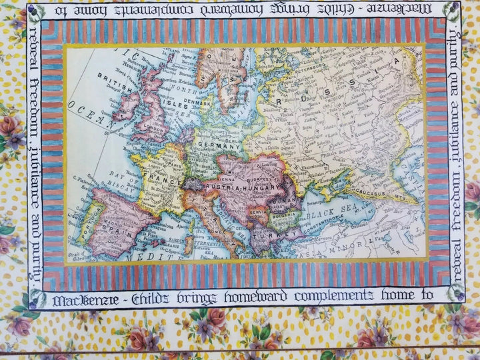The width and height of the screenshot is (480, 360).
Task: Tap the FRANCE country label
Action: [153, 179]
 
